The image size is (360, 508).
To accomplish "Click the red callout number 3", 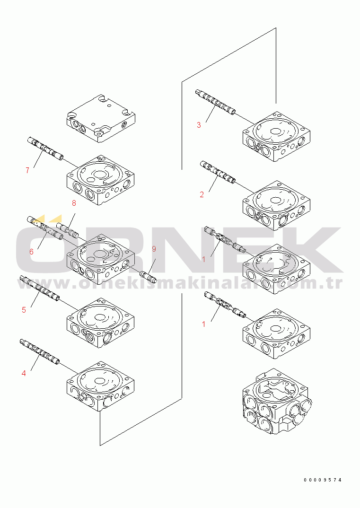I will click(199, 125).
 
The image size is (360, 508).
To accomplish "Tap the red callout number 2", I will click(202, 194).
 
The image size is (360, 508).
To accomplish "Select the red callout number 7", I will click(27, 170).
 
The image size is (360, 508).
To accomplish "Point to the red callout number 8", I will click(74, 203).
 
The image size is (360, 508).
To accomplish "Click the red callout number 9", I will click(154, 249).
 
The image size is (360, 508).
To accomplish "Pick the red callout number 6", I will click(31, 252).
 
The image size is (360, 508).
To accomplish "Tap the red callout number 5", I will click(24, 310).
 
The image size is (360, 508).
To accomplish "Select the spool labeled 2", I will click(218, 172).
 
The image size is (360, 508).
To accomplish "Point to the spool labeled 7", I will click(45, 148).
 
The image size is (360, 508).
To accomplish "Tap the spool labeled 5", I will click(40, 288).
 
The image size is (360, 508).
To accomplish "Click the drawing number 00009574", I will click(323, 480).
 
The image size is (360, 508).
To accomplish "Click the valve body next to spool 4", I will click(101, 385).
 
